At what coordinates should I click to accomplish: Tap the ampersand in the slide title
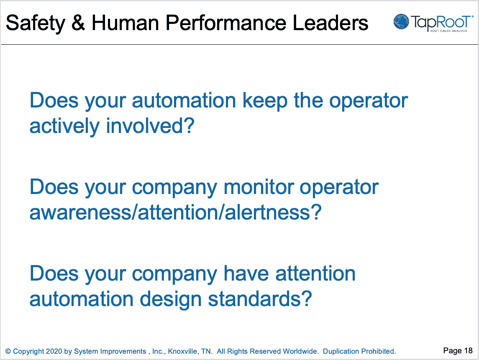78,23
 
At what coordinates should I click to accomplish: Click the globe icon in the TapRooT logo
401,22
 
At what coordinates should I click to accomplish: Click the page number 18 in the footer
468,350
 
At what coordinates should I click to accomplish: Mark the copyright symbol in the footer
8,351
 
